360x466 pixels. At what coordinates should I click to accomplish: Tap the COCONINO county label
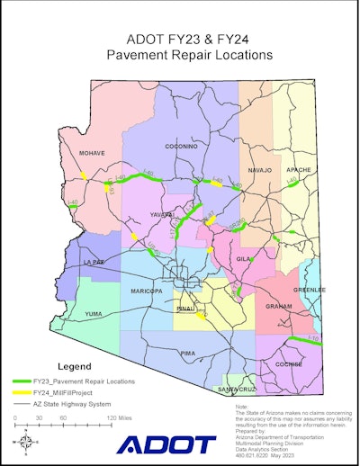point(181,146)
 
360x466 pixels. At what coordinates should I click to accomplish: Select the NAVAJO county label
point(259,168)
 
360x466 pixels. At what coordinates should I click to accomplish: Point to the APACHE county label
point(298,168)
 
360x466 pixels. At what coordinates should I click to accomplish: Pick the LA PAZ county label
point(94,262)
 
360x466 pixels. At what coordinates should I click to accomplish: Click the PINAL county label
point(186,308)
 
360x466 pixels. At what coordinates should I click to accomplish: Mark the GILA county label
point(243,258)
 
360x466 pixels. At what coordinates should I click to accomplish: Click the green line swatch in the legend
point(29,381)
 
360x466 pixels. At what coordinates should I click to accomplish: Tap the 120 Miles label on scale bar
point(116,419)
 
